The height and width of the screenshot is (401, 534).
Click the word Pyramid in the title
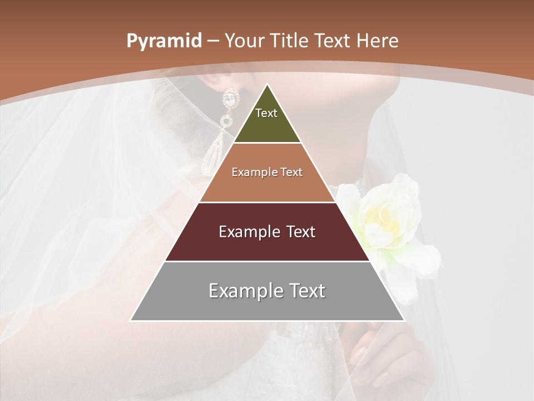click(164, 41)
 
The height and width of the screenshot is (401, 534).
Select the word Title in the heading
click(289, 41)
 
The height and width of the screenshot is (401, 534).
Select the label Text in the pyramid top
click(266, 113)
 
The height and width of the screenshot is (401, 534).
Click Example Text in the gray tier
click(267, 291)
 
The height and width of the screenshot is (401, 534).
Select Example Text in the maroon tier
click(267, 232)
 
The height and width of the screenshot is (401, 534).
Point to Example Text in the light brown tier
click(267, 172)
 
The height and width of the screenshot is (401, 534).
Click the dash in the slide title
click(213, 41)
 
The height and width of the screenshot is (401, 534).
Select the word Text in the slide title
click(332, 41)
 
